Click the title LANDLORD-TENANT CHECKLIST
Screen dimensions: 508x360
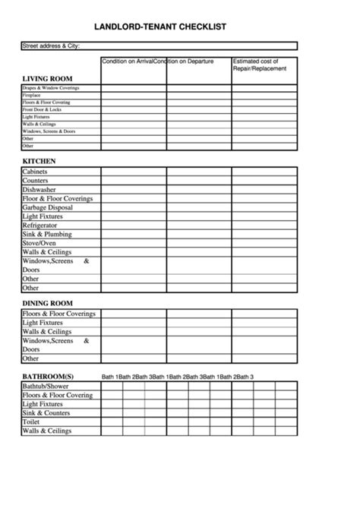pyautogui.click(x=159, y=27)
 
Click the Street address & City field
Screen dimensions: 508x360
pyautogui.click(x=152, y=46)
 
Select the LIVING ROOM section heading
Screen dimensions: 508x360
pyautogui.click(x=47, y=78)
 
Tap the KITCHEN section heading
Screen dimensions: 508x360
pyautogui.click(x=39, y=161)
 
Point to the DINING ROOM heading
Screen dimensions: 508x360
pyautogui.click(x=47, y=303)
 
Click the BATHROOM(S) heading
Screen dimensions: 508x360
pyautogui.click(x=48, y=377)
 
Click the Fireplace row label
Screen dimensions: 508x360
pyautogui.click(x=32, y=95)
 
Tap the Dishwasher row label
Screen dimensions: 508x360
pyautogui.click(x=39, y=190)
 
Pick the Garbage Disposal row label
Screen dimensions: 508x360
pyautogui.click(x=47, y=207)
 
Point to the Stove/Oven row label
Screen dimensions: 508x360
pyautogui.click(x=39, y=243)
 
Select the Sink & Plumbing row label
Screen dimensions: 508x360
pyautogui.click(x=47, y=235)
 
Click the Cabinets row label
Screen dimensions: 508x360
pyautogui.click(x=36, y=172)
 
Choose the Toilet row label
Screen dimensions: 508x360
pyautogui.click(x=31, y=422)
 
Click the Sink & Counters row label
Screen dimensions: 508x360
pyautogui.click(x=46, y=413)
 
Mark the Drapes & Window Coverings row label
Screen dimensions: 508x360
pyautogui.click(x=50, y=88)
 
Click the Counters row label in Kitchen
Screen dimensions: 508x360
pyautogui.click(x=36, y=181)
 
